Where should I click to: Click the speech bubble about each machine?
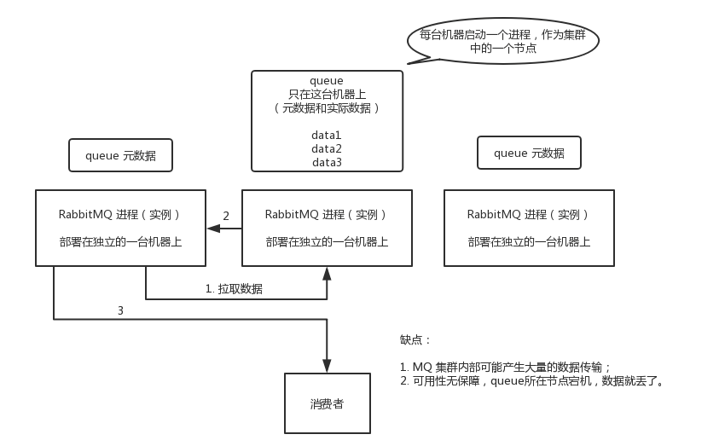(502, 41)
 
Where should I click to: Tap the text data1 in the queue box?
(327, 135)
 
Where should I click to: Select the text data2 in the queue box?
(327, 148)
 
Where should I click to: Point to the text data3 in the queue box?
(327, 162)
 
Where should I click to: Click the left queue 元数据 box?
(120, 155)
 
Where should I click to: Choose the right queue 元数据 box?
(529, 153)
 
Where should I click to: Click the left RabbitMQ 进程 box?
(120, 228)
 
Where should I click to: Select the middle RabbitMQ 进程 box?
(327, 228)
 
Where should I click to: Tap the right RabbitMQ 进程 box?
(529, 228)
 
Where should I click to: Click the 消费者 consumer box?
(327, 403)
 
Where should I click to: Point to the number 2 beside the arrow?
(226, 217)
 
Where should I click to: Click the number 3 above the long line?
(120, 311)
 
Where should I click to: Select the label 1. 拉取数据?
(234, 289)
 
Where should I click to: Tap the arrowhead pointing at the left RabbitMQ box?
(212, 229)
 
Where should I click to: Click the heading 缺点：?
(416, 340)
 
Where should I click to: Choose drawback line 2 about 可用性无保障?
(531, 380)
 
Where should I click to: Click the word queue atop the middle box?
(327, 81)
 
